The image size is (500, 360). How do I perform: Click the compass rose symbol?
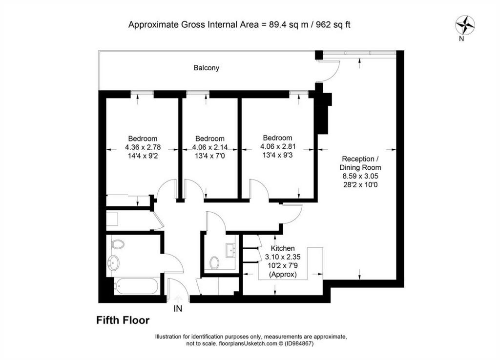tap(465, 25)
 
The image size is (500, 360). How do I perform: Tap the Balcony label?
tap(207, 68)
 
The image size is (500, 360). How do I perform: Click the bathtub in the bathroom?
tap(137, 286)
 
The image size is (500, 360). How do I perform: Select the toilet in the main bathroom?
tap(117, 244)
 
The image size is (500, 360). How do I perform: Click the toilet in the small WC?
tap(215, 263)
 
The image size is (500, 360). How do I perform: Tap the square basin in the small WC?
tap(230, 250)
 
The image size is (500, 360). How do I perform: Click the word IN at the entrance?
tap(178, 308)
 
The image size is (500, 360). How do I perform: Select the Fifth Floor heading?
tap(123, 320)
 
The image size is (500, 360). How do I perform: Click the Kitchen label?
tap(283, 248)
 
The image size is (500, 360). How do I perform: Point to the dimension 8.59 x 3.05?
tap(360, 176)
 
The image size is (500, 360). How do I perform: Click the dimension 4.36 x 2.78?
tap(143, 147)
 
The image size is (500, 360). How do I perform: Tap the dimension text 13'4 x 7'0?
tap(210, 156)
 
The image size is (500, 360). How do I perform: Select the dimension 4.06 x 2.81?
tap(278, 147)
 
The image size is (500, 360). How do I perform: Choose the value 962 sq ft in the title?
tap(333, 24)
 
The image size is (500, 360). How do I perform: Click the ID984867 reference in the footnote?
tap(299, 344)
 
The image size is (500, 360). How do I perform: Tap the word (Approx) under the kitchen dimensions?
tap(283, 274)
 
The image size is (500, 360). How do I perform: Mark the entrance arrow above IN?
tap(178, 299)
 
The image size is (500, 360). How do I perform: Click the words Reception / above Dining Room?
tap(360, 159)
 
